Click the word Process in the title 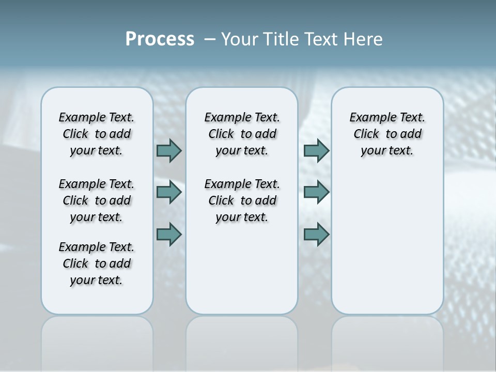(x=160, y=39)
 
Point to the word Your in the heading (x=240, y=39)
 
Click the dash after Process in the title (x=210, y=39)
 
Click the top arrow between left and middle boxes (x=169, y=151)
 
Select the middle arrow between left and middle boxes (x=169, y=192)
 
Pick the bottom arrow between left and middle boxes (x=169, y=234)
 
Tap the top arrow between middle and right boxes (x=316, y=151)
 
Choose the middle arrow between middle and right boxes (x=316, y=192)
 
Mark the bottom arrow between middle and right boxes (x=316, y=234)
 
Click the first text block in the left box (x=97, y=134)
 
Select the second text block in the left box (x=97, y=200)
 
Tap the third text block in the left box (x=97, y=263)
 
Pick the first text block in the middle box (x=242, y=134)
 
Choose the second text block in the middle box (x=242, y=200)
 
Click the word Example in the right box (x=368, y=118)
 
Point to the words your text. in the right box (x=387, y=151)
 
